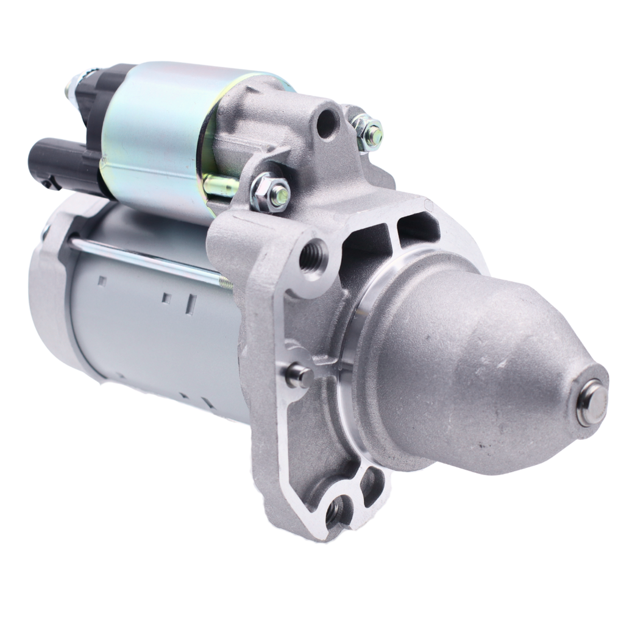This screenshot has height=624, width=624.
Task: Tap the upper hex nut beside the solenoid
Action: tap(367, 129)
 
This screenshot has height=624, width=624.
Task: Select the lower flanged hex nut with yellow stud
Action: tap(270, 192)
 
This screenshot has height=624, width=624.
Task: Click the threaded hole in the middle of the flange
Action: tap(313, 255)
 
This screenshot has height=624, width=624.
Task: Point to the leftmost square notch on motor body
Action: tap(102, 281)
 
